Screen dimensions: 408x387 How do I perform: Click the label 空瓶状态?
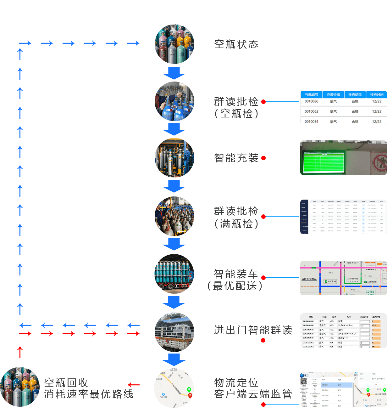tap(236, 44)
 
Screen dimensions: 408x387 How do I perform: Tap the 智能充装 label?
tap(236, 158)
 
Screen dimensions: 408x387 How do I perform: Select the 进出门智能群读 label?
tap(253, 330)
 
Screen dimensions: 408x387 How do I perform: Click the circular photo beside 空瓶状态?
tap(174, 44)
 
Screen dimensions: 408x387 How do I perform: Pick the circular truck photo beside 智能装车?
tap(174, 274)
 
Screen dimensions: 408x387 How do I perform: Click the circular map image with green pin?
tap(174, 388)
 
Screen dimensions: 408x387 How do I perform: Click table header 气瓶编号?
tap(311, 95)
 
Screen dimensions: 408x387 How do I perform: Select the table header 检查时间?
tap(377, 95)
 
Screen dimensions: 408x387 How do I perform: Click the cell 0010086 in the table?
tap(311, 101)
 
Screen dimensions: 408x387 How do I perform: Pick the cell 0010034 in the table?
tap(311, 122)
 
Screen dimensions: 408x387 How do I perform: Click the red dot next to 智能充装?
tap(263, 158)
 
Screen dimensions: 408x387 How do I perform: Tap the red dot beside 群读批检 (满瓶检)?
tap(263, 217)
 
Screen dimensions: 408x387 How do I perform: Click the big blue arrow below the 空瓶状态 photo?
tap(174, 73)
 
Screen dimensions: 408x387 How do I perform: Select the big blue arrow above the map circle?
tap(174, 360)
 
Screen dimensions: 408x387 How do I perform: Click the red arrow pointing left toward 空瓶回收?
tap(134, 385)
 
